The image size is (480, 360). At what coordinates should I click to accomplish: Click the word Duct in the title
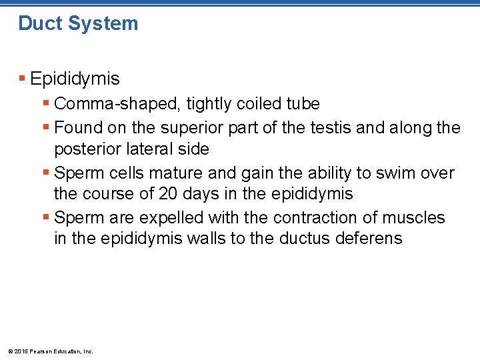pos(39,23)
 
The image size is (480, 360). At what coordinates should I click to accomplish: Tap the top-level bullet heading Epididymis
pos(75,79)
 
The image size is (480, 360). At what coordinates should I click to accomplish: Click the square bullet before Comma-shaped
pos(46,104)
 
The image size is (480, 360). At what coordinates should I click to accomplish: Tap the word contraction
pos(289,218)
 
